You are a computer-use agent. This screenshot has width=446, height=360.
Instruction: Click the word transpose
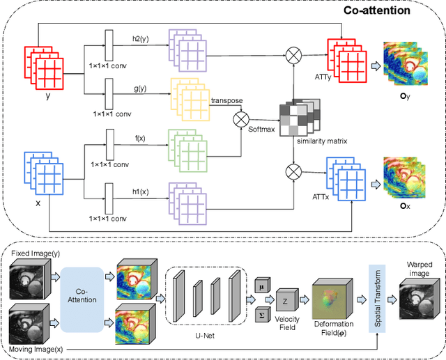pos(228,101)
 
